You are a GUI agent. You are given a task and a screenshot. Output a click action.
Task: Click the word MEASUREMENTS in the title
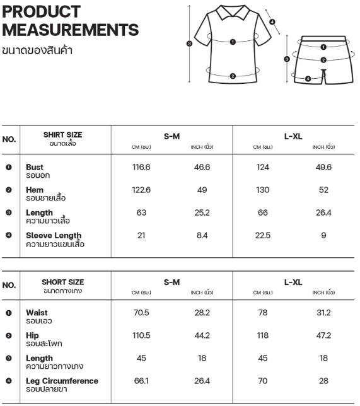71,30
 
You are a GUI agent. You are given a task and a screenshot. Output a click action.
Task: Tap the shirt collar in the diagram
233,12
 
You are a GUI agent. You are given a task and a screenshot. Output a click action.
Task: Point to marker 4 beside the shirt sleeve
272,22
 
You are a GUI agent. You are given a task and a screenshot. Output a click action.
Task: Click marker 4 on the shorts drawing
308,79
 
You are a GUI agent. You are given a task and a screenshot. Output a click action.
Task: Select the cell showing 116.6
141,167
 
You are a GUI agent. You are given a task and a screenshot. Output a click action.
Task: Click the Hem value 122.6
141,190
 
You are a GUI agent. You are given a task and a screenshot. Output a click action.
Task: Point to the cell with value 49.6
323,167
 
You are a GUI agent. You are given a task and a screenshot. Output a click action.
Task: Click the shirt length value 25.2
202,213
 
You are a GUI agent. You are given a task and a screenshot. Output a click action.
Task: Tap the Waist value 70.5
141,313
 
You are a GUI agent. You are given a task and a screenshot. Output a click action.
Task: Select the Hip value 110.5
141,335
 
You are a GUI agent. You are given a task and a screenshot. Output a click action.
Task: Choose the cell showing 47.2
323,335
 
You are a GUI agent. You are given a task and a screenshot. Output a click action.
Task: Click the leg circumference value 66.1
141,381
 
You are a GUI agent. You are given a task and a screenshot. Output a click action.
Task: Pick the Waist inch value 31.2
323,313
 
